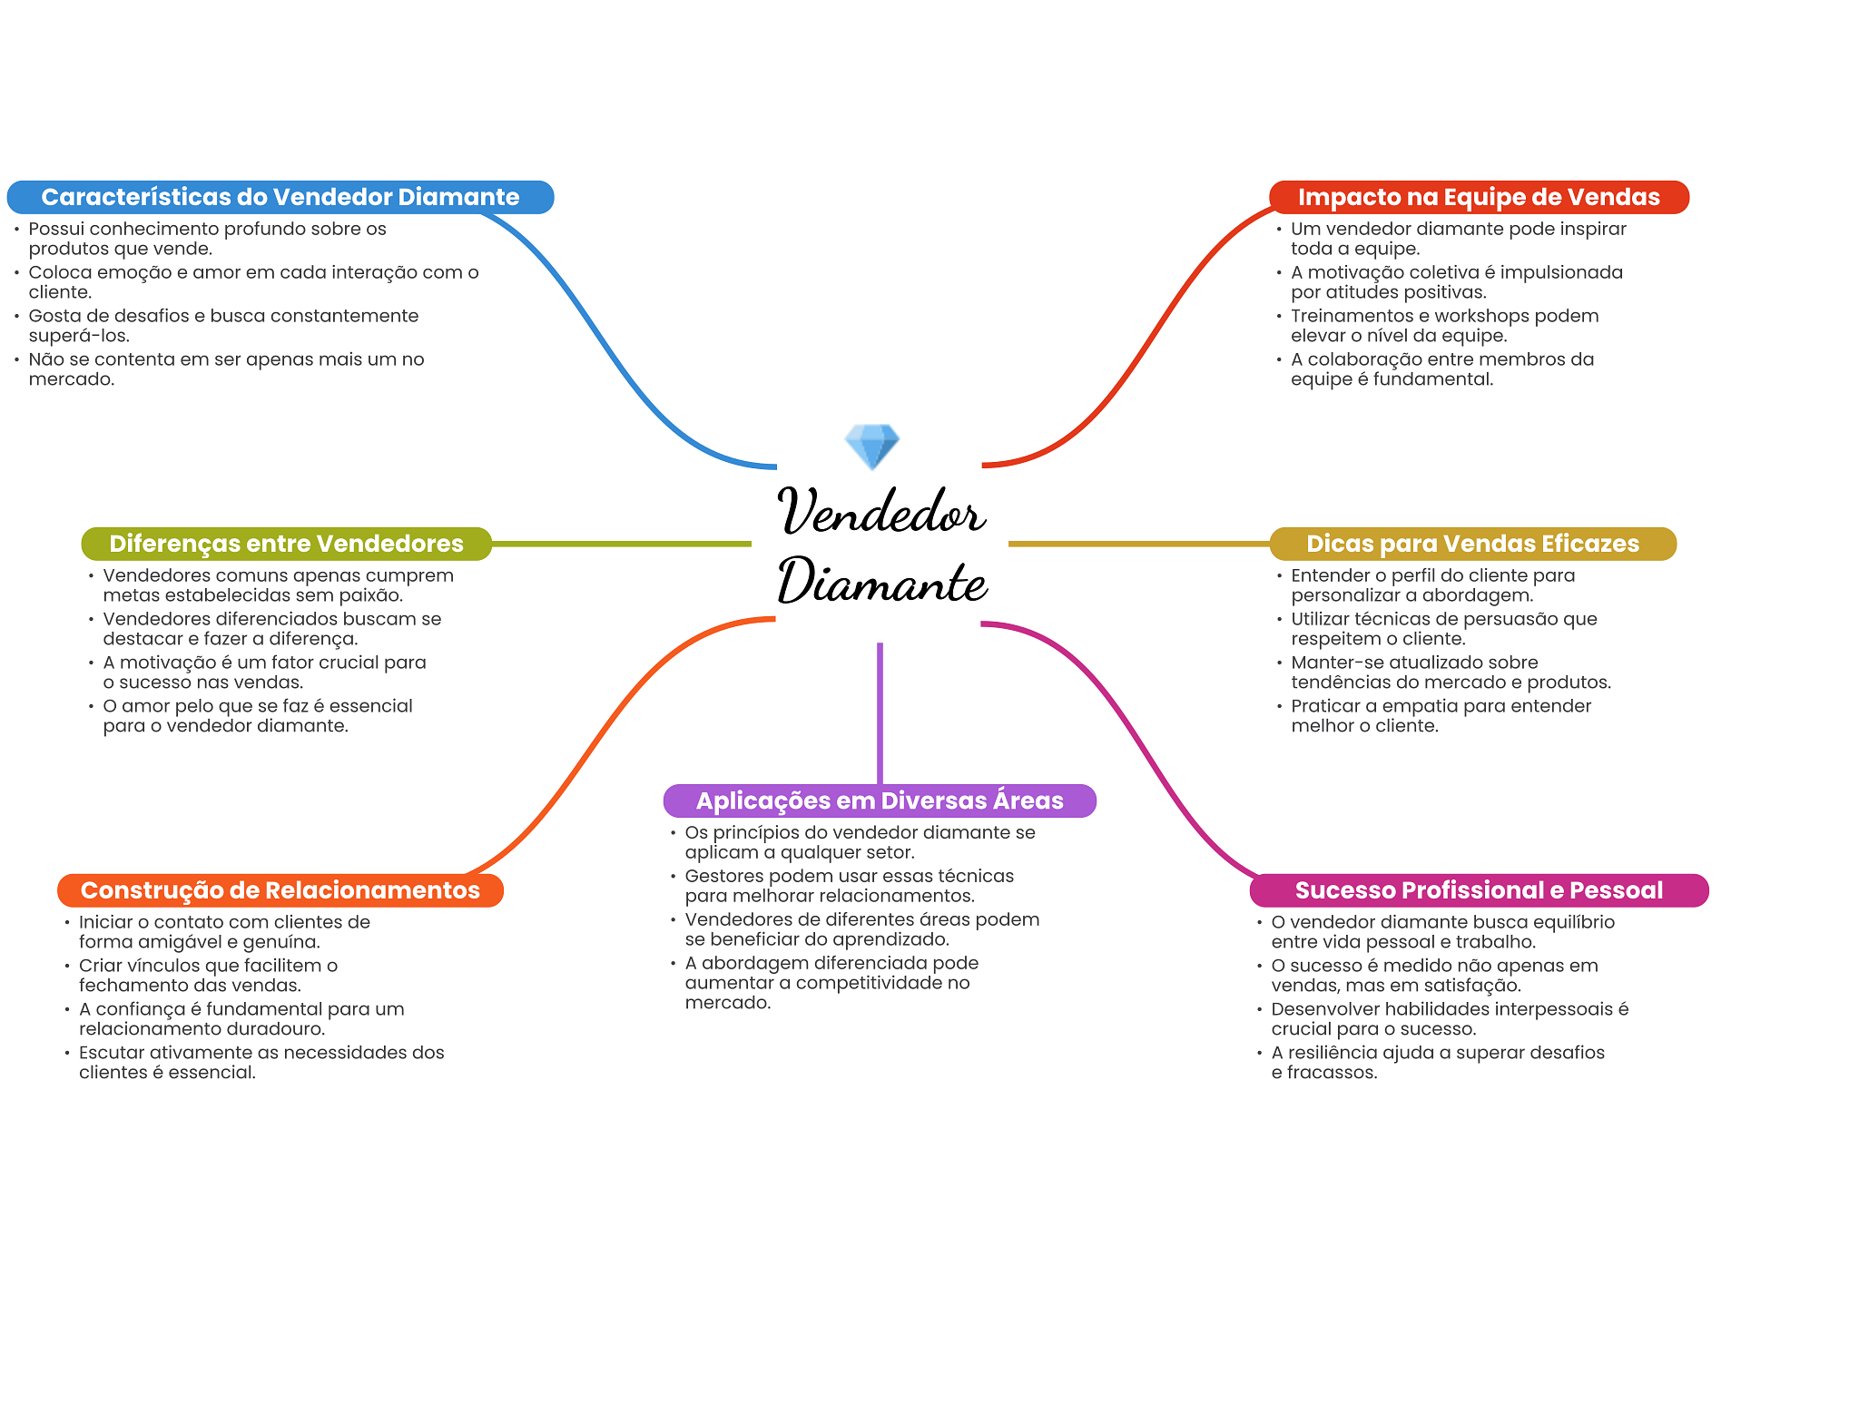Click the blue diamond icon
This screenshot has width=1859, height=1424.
click(871, 446)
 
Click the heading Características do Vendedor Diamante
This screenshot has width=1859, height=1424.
click(280, 197)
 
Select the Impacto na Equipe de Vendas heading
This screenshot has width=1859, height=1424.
click(1478, 197)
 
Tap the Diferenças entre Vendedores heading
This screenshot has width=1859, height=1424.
click(286, 544)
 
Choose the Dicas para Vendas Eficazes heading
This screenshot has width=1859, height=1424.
click(1471, 544)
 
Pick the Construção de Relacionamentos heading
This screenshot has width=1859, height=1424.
click(280, 890)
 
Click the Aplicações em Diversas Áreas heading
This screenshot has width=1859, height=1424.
click(879, 800)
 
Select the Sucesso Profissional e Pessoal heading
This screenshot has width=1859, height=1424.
click(1478, 890)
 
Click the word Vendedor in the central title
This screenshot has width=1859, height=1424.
click(880, 512)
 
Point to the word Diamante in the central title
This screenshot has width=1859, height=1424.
click(882, 582)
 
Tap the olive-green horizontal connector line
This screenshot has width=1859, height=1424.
click(621, 544)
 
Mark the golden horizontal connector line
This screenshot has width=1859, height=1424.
click(1138, 544)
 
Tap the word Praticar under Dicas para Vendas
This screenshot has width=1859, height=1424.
click(1324, 706)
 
